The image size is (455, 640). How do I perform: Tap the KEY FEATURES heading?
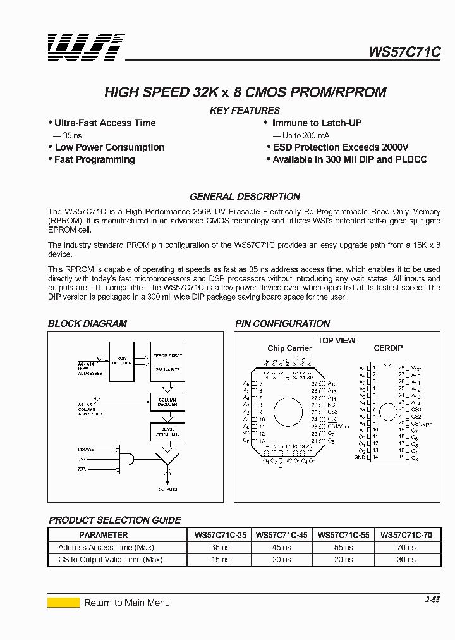[245, 111]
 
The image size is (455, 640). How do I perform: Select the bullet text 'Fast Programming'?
[94, 159]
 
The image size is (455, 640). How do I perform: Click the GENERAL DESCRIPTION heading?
[245, 196]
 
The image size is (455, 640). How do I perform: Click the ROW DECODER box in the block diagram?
[122, 361]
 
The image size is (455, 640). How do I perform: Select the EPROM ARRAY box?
[167, 361]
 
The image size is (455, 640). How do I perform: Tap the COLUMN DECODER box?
[167, 402]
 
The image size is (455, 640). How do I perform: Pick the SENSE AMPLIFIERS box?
[167, 432]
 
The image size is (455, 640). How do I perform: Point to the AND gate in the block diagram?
[127, 459]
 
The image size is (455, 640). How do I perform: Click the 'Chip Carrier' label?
[289, 348]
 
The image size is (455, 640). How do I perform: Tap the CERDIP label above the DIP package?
[388, 348]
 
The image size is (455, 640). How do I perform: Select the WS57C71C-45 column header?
[282, 535]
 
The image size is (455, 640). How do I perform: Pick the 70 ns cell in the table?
[406, 547]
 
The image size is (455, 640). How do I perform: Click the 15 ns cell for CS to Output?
[220, 559]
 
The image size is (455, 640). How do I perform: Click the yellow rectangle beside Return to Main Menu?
[63, 602]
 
